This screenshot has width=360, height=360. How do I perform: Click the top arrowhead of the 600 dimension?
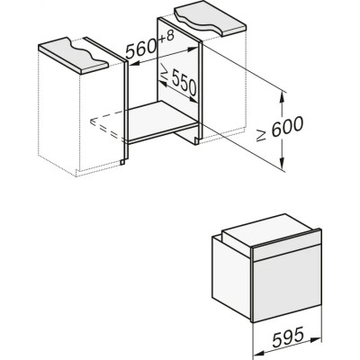click(x=283, y=92)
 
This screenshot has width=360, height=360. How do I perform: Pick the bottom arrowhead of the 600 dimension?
click(x=283, y=167)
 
